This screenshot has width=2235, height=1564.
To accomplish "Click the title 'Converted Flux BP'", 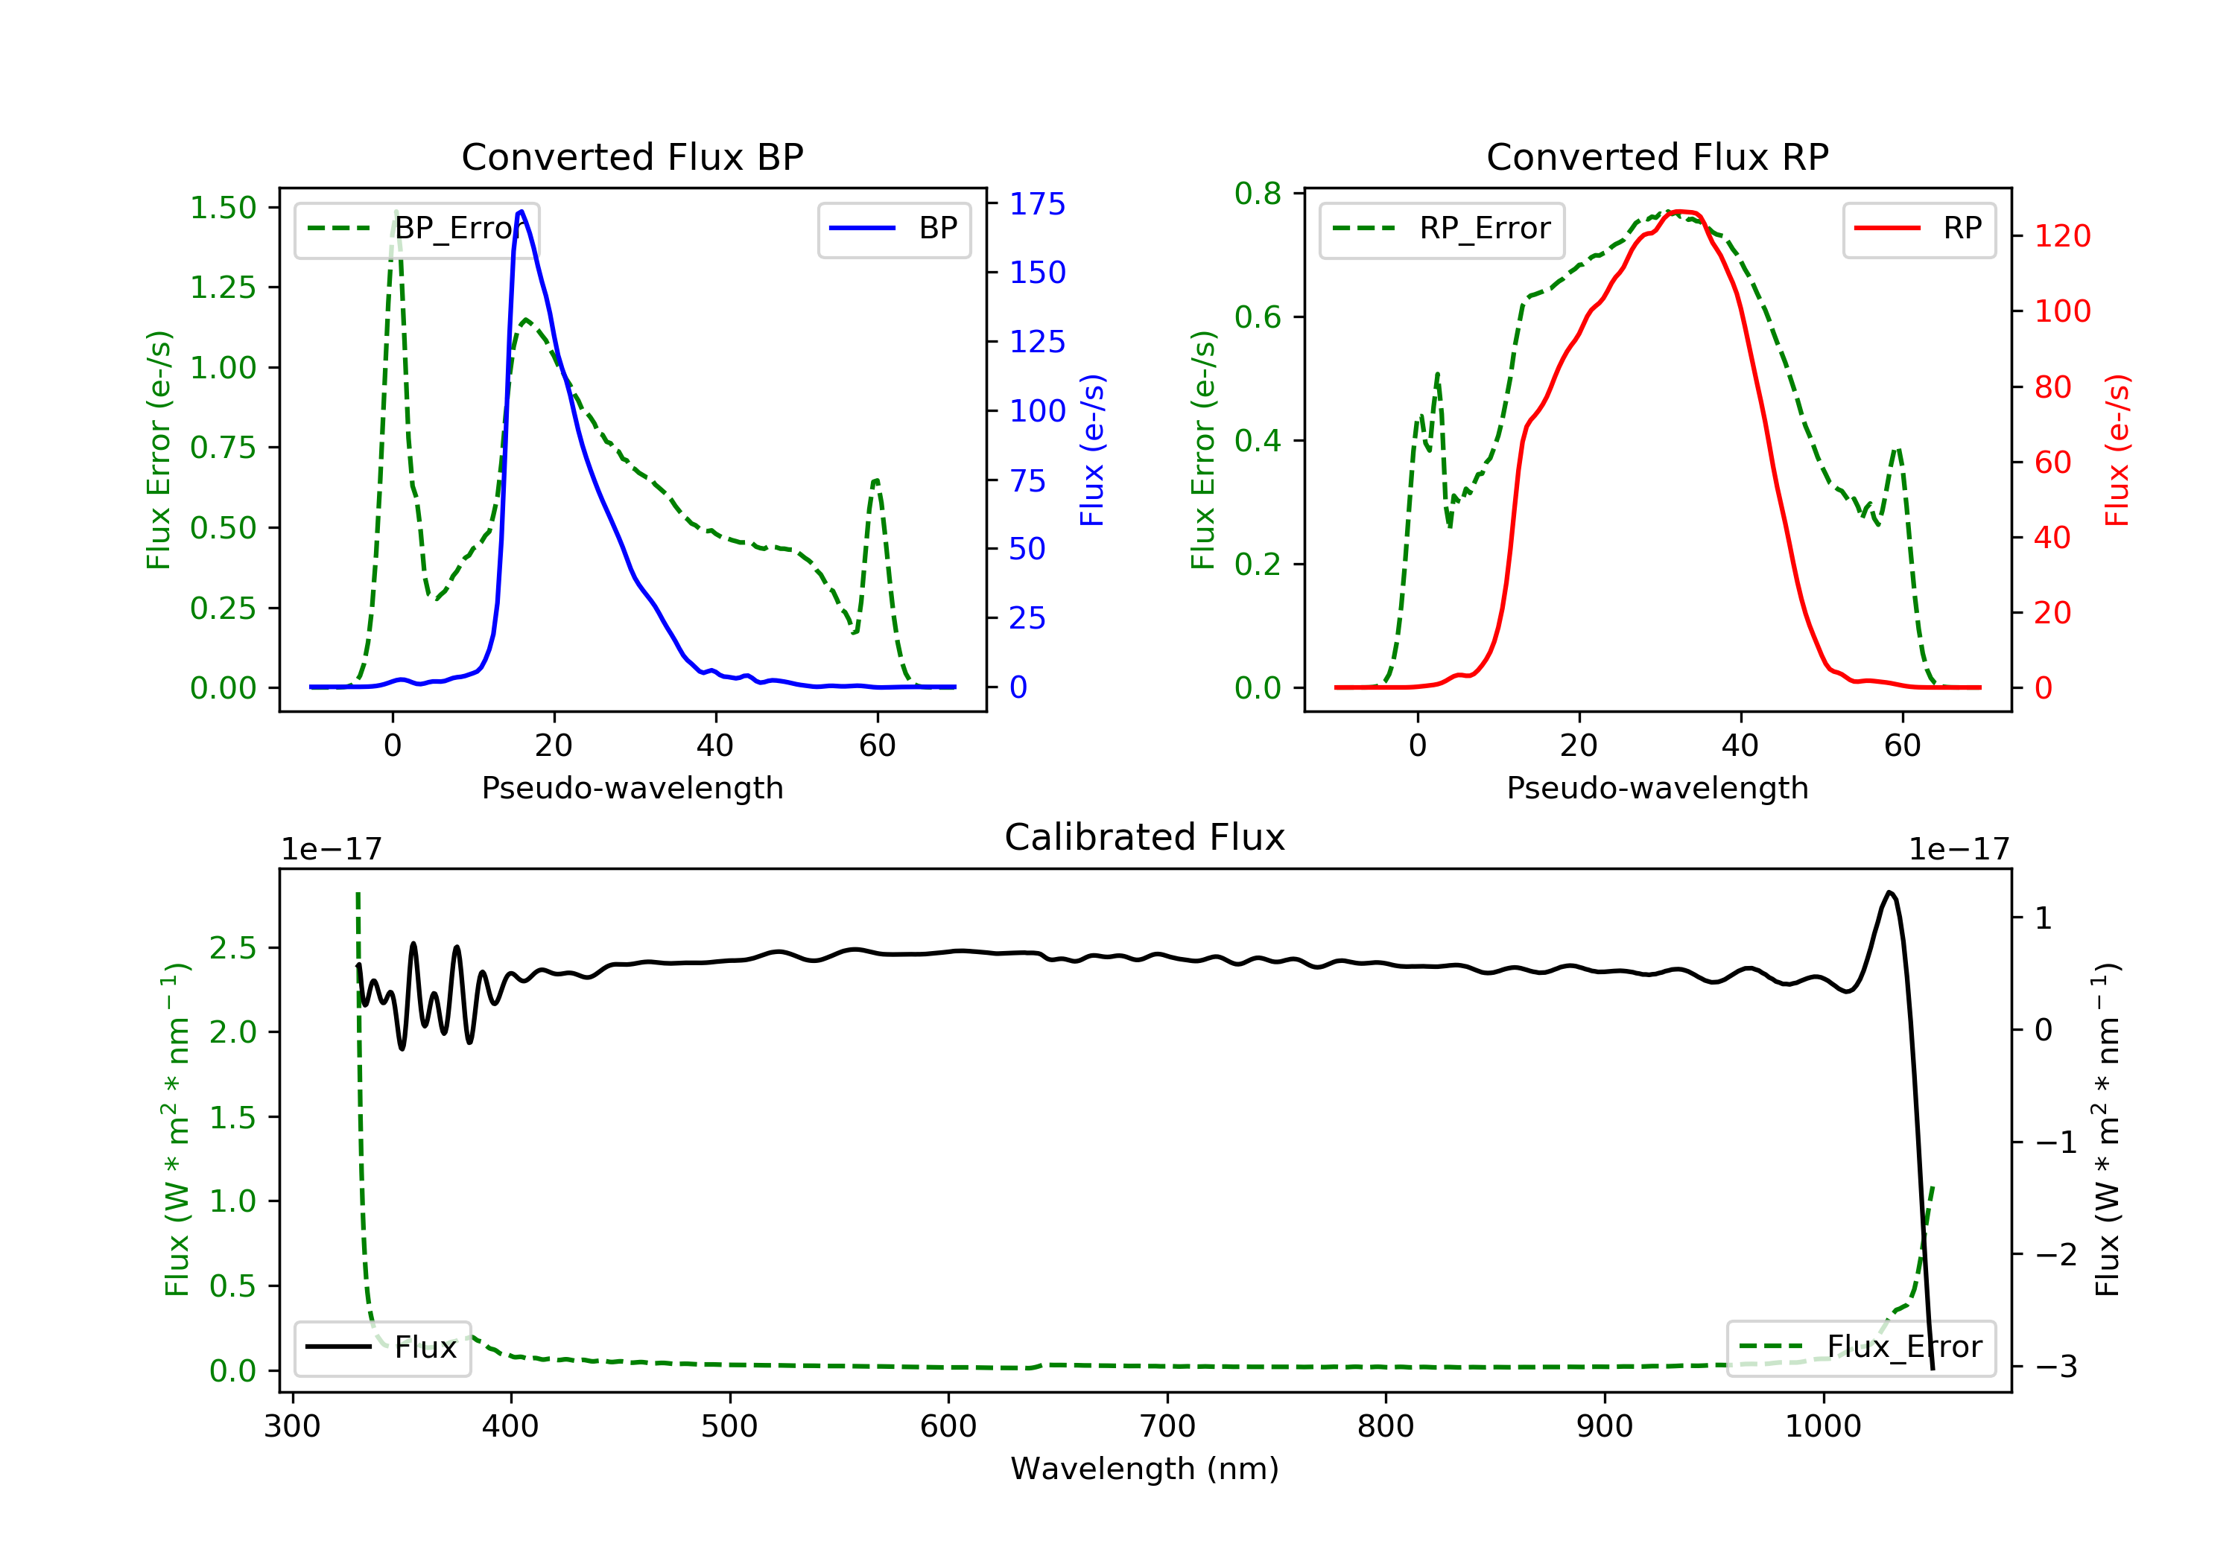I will click(x=632, y=156).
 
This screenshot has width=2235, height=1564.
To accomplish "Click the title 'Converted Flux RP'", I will click(x=1657, y=156).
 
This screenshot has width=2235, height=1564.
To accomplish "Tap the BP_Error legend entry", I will click(x=416, y=229).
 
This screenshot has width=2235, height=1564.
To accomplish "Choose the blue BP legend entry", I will click(x=893, y=229).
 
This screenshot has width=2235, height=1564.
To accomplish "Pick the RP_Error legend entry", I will click(x=1441, y=229).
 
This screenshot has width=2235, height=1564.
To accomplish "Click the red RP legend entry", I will click(x=1918, y=229).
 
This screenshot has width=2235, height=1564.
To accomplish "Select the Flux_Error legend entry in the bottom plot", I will click(x=1860, y=1347).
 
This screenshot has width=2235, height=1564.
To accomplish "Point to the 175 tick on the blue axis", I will click(x=1037, y=204).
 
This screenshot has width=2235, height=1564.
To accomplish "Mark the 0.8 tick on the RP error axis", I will click(x=1258, y=194).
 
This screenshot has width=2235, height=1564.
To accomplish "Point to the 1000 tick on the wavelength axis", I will click(x=1822, y=1427).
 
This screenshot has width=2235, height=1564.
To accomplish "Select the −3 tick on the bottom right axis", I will click(x=2056, y=1367).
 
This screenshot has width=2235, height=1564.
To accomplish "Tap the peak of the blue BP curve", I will click(x=521, y=212).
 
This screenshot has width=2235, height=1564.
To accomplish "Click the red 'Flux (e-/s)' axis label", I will click(x=2117, y=450).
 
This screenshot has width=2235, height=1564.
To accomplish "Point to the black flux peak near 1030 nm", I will click(x=1889, y=891).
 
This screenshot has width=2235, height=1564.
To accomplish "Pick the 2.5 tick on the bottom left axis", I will click(x=232, y=948).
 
